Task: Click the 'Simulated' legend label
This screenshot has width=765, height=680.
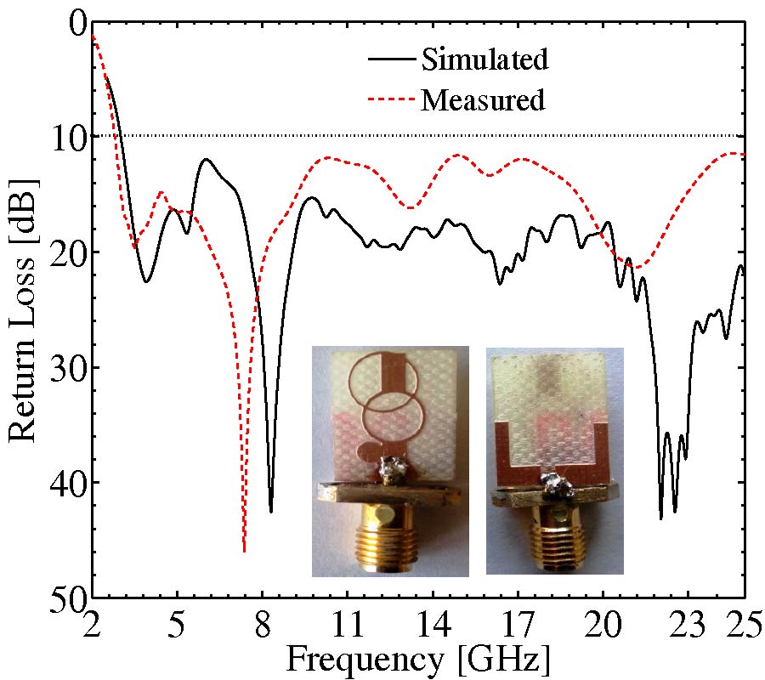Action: coord(482,59)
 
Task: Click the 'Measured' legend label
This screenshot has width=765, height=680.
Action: coord(482,100)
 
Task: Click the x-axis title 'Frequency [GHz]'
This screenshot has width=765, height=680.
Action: coord(418,658)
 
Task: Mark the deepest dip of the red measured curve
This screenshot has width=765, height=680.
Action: coord(244,551)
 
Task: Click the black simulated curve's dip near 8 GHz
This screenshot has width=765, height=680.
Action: coord(271,511)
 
